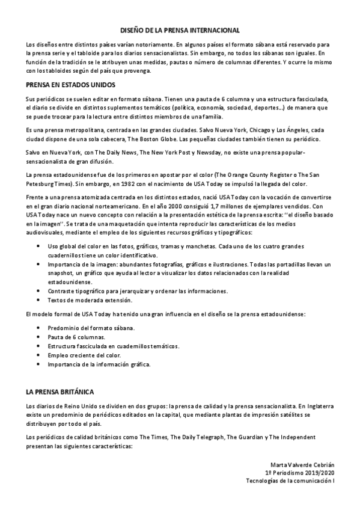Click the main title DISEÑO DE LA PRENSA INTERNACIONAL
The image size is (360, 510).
pos(180,29)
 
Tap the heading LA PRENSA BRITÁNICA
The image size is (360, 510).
pos(59,392)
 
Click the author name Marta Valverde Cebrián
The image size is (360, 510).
pos(302,465)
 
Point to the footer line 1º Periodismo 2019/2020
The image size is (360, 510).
pos(299,473)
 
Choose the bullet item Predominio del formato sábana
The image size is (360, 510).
pos(91,328)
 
